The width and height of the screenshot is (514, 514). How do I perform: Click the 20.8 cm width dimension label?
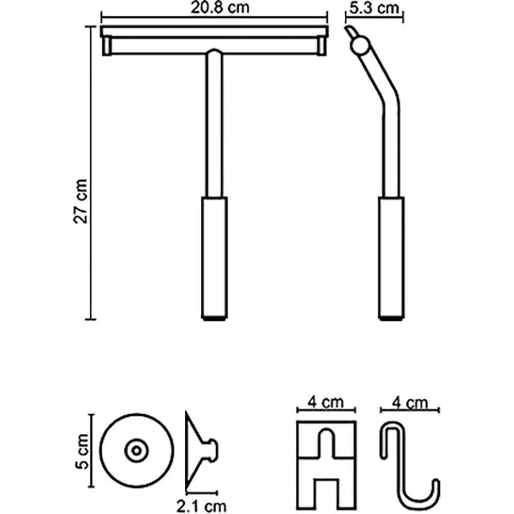point(220,8)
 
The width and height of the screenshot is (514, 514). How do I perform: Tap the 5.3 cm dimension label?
point(374,8)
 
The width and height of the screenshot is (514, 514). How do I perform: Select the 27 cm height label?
point(81,201)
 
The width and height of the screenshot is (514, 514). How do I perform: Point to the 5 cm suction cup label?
point(82,451)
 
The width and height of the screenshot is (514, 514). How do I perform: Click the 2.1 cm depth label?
point(201,506)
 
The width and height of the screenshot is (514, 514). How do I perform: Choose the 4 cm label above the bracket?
point(326,402)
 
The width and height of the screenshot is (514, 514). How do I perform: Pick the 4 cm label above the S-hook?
point(410,403)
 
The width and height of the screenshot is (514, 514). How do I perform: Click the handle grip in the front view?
point(215,258)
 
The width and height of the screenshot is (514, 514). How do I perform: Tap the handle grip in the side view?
point(391,258)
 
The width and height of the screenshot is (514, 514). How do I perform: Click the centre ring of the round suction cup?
point(137,451)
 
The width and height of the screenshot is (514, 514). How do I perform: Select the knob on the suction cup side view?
point(211,451)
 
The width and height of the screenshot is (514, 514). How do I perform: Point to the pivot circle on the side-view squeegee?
point(360,45)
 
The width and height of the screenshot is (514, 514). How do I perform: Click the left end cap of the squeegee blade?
point(107,46)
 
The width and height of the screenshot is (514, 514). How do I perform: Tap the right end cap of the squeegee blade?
point(322,46)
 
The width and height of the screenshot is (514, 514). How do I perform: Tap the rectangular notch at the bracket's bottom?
point(326,493)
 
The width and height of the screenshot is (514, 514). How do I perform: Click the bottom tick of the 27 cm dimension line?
point(91,319)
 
